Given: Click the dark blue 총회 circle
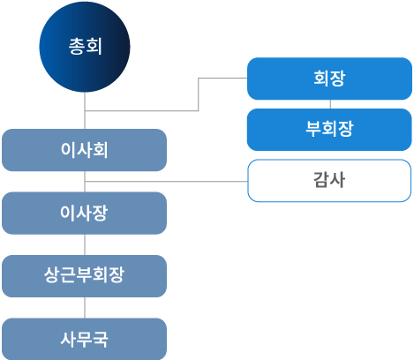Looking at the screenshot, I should coord(85,48).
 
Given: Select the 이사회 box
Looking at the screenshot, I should coord(84,150).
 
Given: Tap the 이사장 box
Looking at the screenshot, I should coord(84,213).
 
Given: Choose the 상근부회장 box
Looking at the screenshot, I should coord(84,275).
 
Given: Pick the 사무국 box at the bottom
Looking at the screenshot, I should coord(84,338).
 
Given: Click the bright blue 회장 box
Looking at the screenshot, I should coord(328,79).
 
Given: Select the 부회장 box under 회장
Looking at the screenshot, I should coord(328,129).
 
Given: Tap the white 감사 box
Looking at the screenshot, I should coord(328,181).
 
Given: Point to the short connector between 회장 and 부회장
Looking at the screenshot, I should coord(328,104).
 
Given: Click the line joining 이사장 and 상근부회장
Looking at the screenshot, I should coord(85,244).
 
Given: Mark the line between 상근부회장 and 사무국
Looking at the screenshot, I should coord(85,307).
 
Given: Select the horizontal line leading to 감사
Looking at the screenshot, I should coord(168,182).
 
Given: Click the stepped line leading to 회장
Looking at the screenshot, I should coord(199,94).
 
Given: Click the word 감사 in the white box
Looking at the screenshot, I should coord(328,181).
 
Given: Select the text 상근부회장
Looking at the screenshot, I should coord(84,275).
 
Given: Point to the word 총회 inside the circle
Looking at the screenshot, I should coord(85,46).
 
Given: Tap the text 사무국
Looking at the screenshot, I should coord(84,338).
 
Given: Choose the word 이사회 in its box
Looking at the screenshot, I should coord(84,150).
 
